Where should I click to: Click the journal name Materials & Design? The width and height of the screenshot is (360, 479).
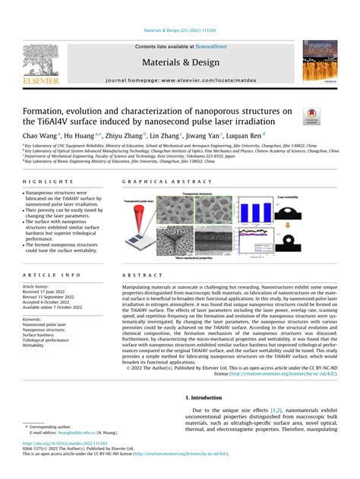click(x=180, y=62)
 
